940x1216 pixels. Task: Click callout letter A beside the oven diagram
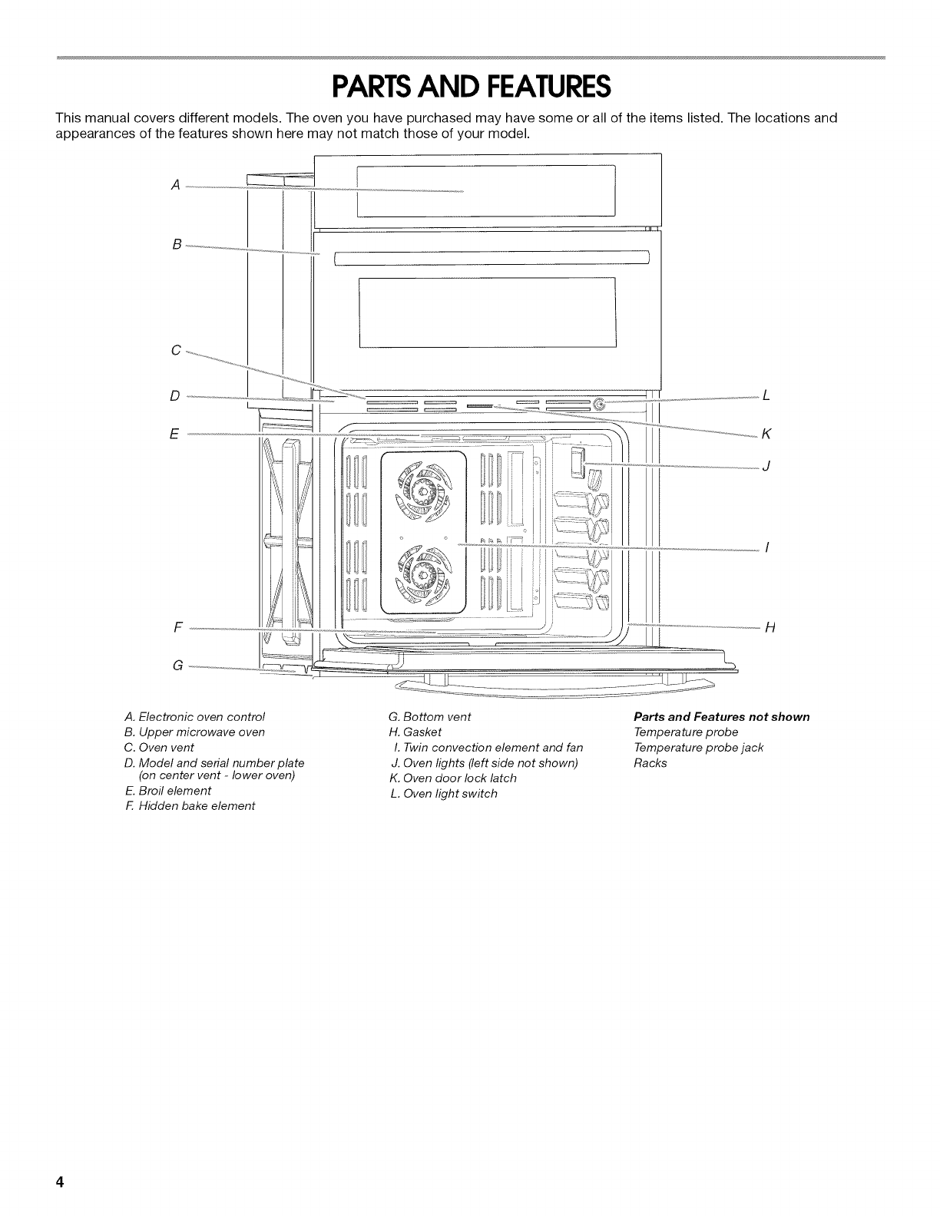click(x=176, y=184)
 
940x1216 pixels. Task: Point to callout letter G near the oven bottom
click(x=177, y=665)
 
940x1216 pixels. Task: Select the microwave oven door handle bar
click(x=492, y=256)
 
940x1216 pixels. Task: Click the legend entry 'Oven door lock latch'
click(x=458, y=778)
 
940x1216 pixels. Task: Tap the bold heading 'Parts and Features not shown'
click(x=721, y=717)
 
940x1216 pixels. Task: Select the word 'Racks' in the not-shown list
click(x=650, y=763)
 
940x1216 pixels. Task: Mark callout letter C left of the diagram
click(x=176, y=350)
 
